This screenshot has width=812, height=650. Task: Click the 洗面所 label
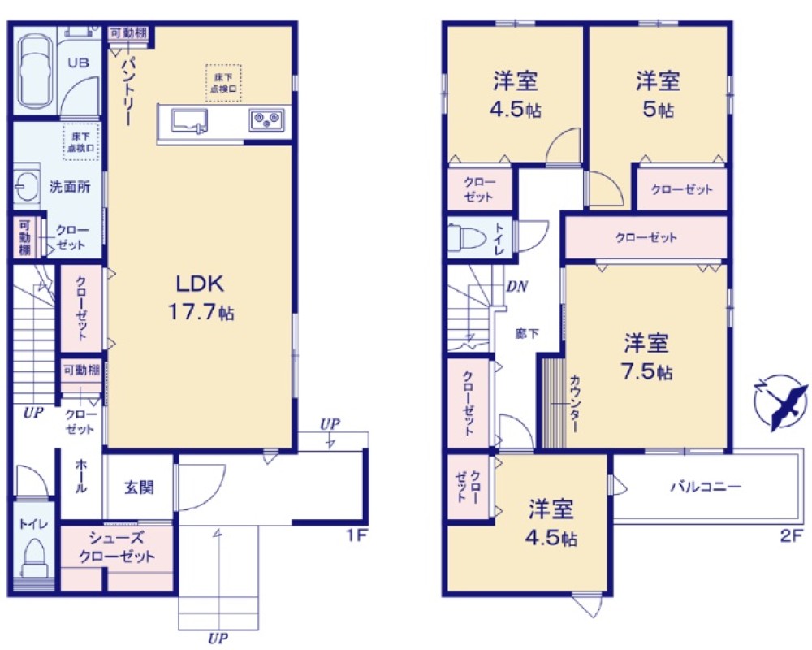pyautogui.click(x=71, y=186)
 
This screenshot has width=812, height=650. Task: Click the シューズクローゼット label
pyautogui.click(x=116, y=547)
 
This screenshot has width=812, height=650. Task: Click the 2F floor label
pyautogui.click(x=789, y=536)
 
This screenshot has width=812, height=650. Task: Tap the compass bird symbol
pyautogui.click(x=780, y=401)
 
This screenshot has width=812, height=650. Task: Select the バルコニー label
pyautogui.click(x=705, y=487)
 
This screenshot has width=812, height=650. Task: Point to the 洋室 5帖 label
pyautogui.click(x=658, y=93)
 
